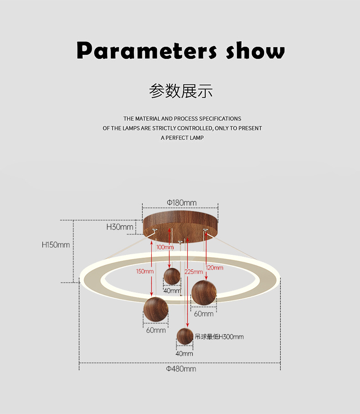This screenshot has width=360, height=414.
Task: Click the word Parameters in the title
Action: point(147,50)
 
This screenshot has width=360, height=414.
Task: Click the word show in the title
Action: point(255,50)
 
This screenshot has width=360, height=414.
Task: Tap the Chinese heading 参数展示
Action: point(181,91)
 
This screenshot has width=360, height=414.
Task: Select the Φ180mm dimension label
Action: point(181,203)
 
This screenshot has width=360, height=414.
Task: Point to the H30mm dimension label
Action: point(119,227)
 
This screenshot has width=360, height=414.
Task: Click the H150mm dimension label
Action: point(56,245)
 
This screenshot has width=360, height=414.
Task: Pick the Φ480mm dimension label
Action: point(181,369)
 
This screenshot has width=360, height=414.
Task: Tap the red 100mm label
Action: point(165,247)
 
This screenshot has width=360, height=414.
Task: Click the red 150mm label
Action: point(144,271)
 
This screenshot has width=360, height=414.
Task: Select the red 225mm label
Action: point(194,272)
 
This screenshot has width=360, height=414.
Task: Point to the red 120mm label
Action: point(215,268)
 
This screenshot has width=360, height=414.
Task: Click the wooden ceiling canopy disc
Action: point(180,226)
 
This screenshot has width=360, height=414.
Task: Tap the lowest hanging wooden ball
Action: point(185,336)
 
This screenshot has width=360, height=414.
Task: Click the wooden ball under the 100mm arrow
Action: point(172,276)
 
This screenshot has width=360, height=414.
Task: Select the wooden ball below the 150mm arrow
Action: point(156,310)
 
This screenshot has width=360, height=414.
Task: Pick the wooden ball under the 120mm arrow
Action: point(204,293)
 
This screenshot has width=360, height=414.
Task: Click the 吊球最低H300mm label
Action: point(219,336)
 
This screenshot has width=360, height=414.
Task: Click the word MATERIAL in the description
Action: point(148,119)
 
